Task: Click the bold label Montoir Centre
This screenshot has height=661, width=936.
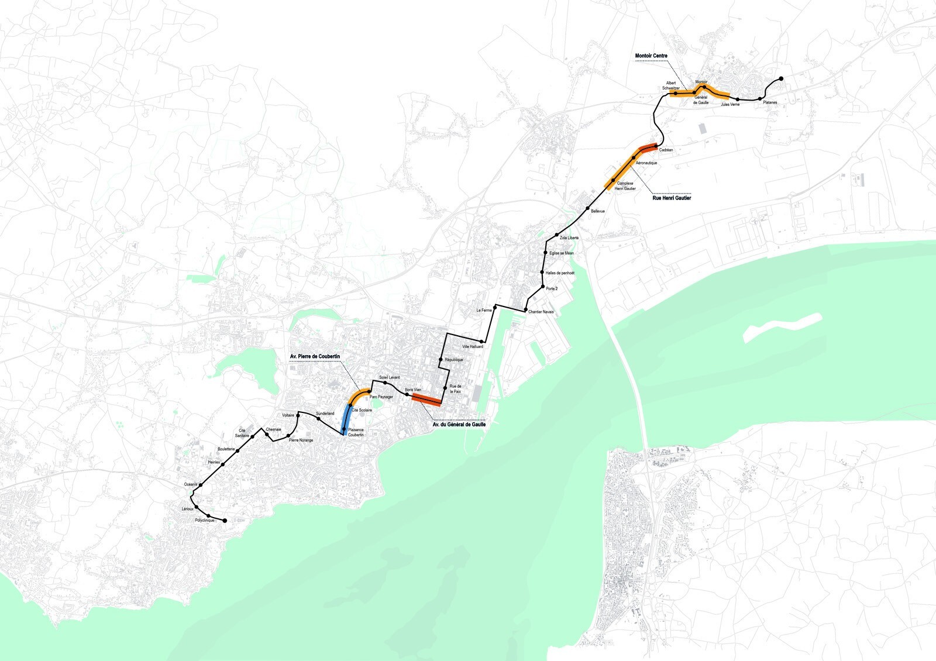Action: click(651, 56)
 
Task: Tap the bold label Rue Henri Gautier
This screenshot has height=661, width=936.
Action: click(672, 198)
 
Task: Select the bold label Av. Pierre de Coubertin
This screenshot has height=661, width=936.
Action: click(315, 356)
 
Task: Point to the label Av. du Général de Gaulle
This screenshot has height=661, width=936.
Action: click(459, 425)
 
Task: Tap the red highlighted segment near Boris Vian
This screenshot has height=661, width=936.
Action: click(426, 400)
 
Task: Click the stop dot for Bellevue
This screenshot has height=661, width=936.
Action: click(587, 208)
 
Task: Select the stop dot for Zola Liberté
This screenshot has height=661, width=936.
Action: click(557, 235)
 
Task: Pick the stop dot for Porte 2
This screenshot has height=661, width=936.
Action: click(543, 287)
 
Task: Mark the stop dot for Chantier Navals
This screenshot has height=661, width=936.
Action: click(526, 309)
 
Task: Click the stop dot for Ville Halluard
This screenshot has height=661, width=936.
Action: click(482, 341)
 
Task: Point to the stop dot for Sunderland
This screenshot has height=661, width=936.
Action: click(318, 419)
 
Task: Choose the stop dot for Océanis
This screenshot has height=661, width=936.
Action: click(201, 485)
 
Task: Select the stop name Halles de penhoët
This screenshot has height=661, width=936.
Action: click(560, 273)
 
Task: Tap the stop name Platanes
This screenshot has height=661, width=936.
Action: click(770, 103)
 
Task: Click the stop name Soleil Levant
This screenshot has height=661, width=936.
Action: click(389, 377)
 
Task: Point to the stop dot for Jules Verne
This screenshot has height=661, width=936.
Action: click(738, 99)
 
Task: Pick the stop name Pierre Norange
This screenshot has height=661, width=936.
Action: click(301, 440)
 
